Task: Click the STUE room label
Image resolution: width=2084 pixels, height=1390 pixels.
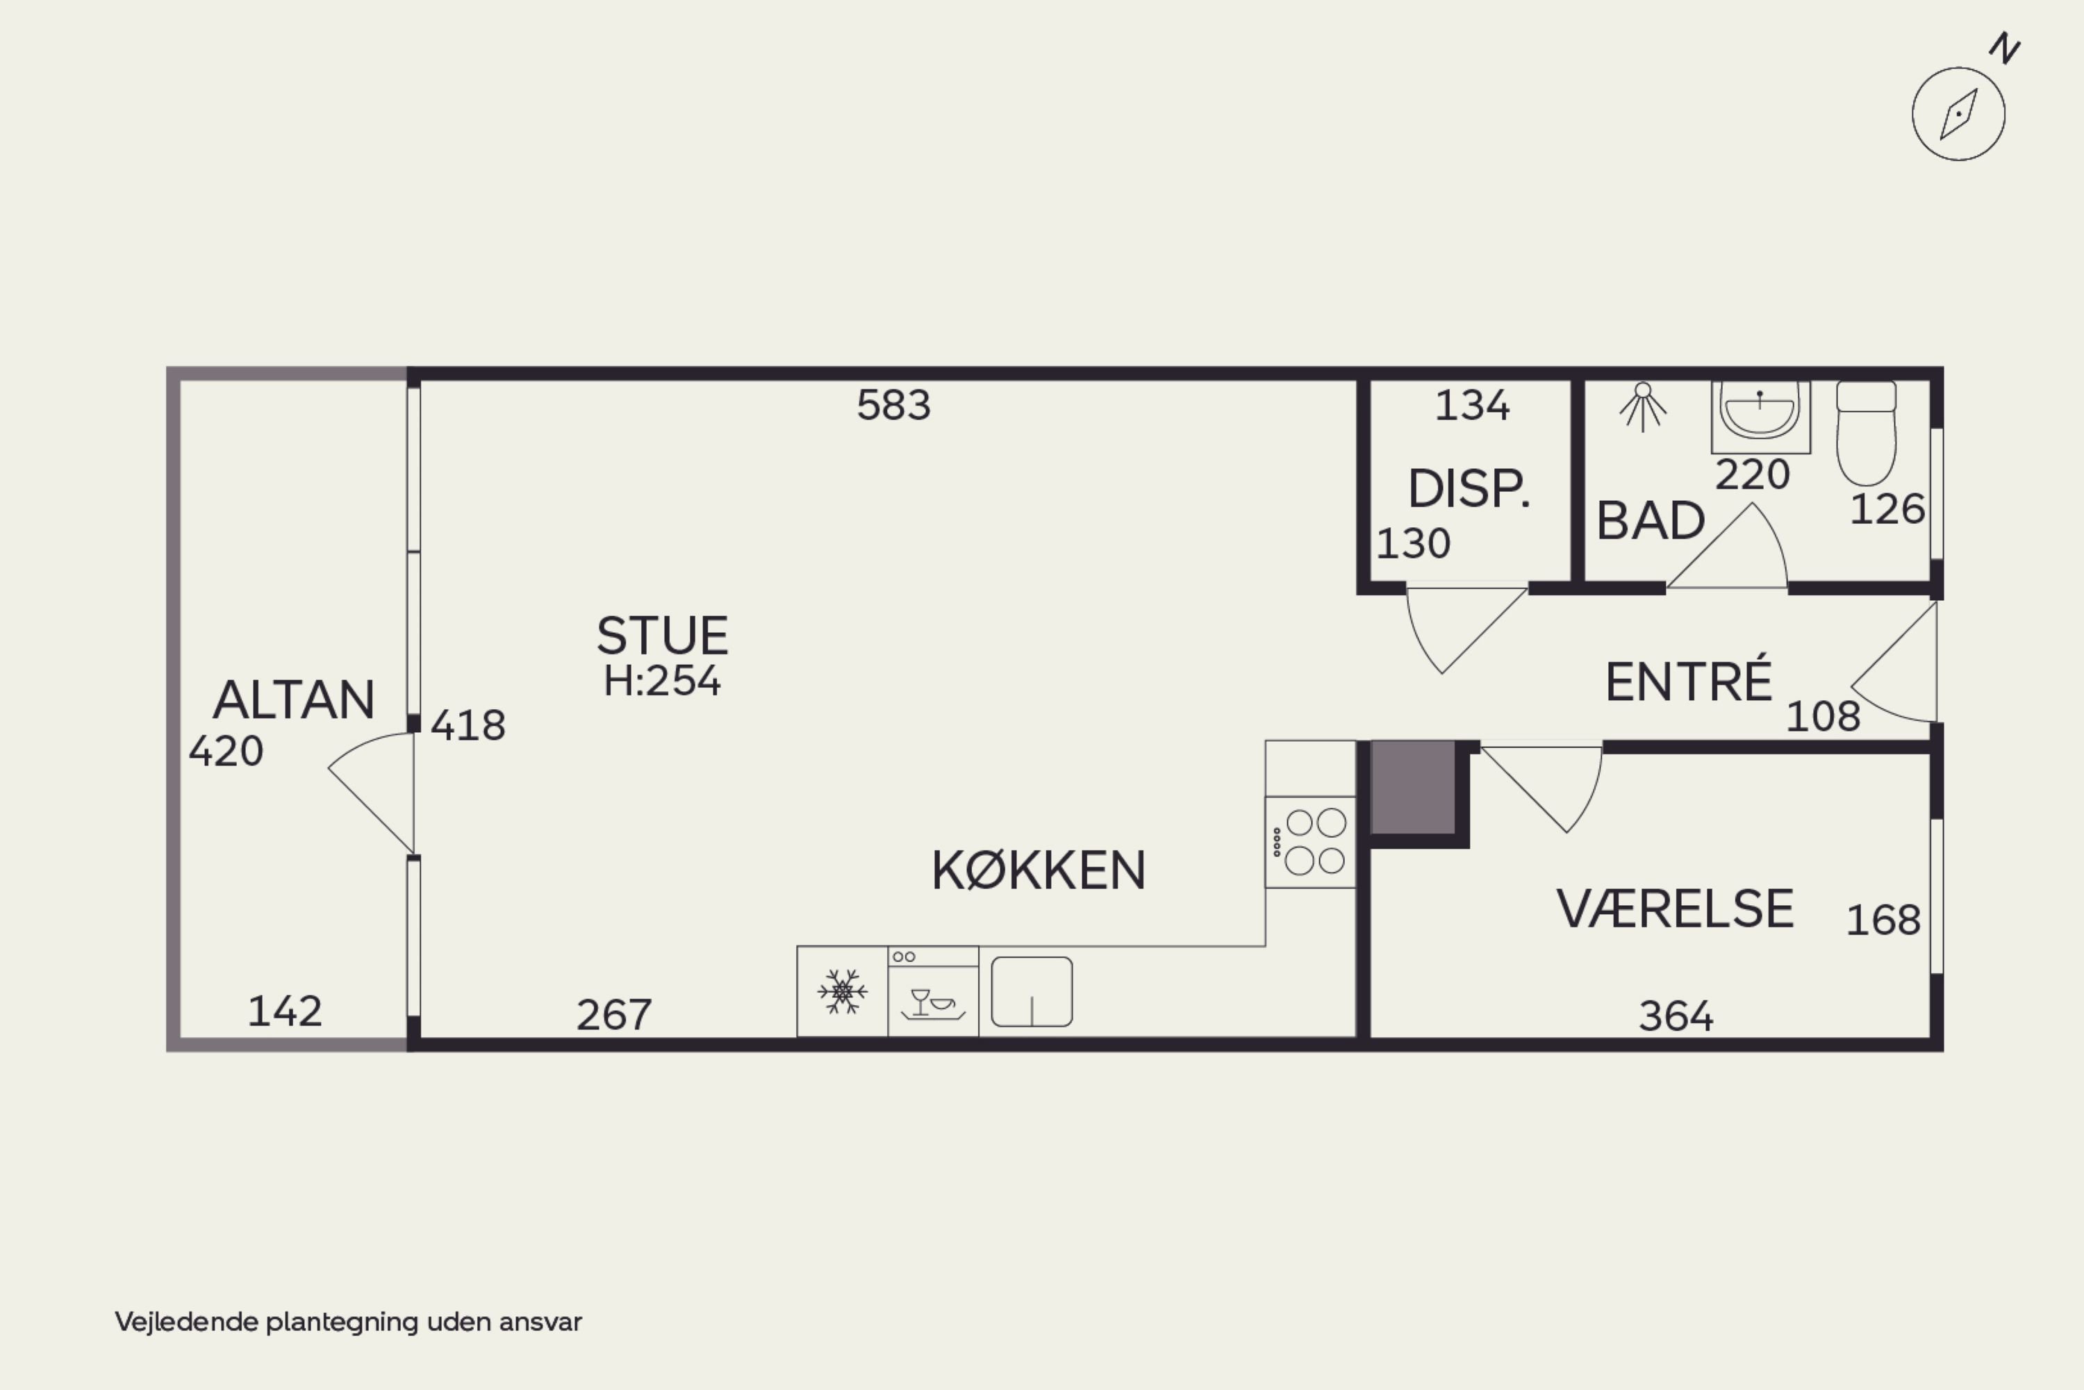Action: [662, 636]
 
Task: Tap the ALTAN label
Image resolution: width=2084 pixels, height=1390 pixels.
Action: [293, 700]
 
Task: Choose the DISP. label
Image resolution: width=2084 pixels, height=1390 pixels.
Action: [1469, 488]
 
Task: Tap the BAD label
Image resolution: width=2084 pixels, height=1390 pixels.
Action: [1651, 520]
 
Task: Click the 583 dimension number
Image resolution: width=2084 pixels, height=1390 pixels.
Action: [893, 405]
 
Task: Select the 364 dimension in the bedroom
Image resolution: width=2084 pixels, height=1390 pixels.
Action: [1676, 1016]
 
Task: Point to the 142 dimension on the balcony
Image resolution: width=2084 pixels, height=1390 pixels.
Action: [285, 1011]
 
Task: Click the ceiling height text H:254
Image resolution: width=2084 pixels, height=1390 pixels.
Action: [662, 681]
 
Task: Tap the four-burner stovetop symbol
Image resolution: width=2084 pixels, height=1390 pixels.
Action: [1310, 842]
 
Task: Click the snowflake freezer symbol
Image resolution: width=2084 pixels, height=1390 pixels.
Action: [842, 991]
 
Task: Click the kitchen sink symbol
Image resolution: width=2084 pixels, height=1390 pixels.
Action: [1032, 991]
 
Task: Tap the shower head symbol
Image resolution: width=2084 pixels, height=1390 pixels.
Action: [1643, 406]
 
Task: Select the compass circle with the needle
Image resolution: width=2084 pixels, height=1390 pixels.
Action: [1958, 113]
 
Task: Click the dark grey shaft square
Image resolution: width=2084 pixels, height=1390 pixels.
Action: [1413, 788]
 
